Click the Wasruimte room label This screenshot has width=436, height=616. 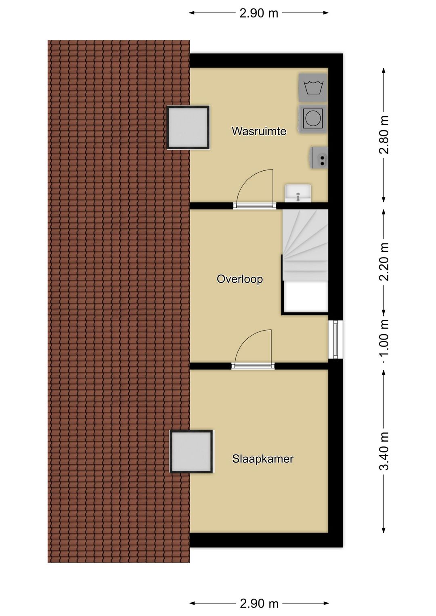tap(259, 131)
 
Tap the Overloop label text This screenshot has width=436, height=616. tap(239, 279)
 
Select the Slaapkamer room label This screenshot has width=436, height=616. tap(263, 459)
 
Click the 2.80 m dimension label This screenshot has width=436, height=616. tap(384, 134)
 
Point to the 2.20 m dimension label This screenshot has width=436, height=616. tap(384, 262)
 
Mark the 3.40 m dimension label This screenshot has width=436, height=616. tap(384, 451)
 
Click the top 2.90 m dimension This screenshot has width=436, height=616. tap(259, 13)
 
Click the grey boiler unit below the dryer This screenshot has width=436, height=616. tap(320, 157)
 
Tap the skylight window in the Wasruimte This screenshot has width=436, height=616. tap(188, 128)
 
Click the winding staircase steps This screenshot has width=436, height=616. tap(305, 245)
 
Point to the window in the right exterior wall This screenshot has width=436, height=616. tap(335, 339)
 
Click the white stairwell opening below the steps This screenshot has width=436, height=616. tap(306, 297)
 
